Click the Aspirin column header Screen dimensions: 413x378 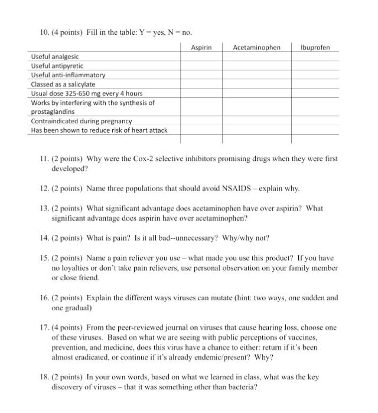pos(201,47)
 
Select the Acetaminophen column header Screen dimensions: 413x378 pos(257,47)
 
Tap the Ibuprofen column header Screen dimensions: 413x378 pos(315,47)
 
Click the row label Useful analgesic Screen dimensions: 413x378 pos(55,57)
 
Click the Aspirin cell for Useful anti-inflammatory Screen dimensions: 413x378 pos(201,75)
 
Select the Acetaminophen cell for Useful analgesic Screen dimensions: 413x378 pos(257,57)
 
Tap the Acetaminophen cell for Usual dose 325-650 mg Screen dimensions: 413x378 pos(257,93)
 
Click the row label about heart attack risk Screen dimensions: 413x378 pos(99,130)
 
